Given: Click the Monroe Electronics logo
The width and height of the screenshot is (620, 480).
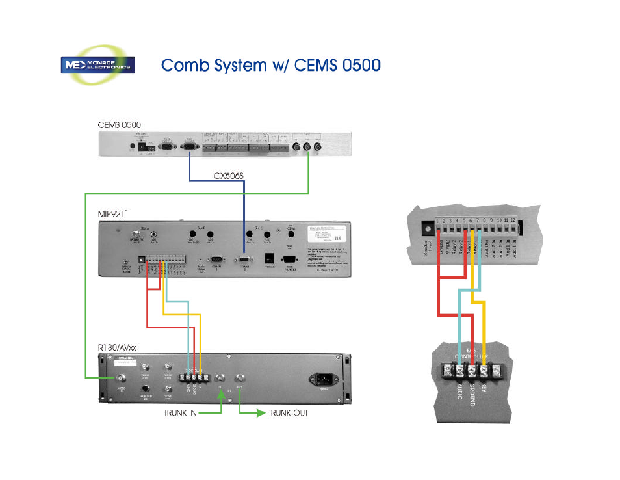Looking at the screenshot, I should (x=98, y=65).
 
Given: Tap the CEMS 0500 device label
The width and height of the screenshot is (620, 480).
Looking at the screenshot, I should (x=115, y=124).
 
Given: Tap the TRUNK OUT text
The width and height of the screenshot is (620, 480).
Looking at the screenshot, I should (x=288, y=412).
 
